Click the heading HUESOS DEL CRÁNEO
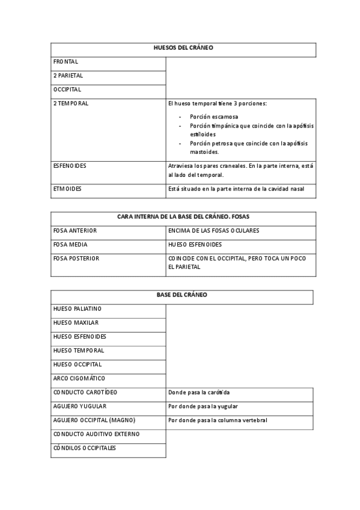(x=183, y=48)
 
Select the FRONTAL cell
(x=66, y=62)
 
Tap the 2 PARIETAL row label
(x=68, y=76)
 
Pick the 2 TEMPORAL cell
(x=70, y=103)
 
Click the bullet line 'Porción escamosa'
(x=213, y=116)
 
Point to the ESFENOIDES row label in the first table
(x=69, y=165)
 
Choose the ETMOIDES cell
(x=67, y=189)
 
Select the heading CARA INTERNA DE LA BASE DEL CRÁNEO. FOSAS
(x=183, y=217)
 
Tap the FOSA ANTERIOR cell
(x=75, y=230)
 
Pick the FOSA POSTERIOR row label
(x=76, y=258)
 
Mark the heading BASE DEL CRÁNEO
(x=182, y=295)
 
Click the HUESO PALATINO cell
(x=77, y=309)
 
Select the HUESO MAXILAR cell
(x=76, y=322)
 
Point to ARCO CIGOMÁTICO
(x=79, y=378)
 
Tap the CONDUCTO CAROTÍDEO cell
(x=85, y=392)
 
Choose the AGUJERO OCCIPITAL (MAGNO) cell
(x=94, y=420)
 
